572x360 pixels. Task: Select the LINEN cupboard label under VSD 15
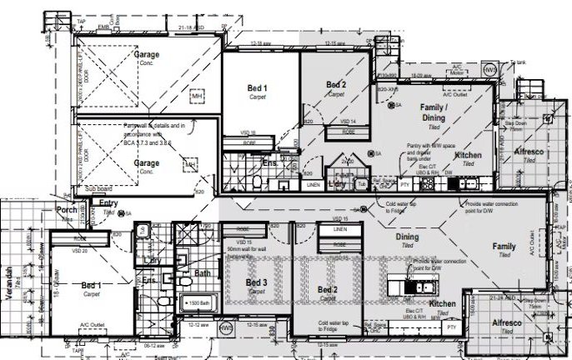pos(339,227)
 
